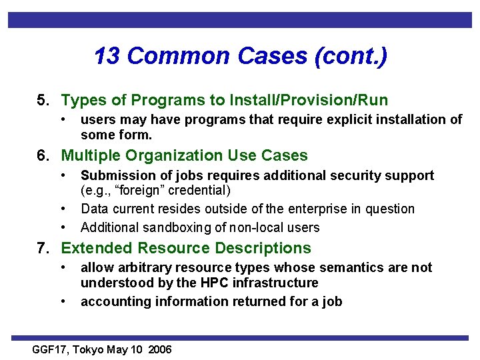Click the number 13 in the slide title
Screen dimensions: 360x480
coord(108,56)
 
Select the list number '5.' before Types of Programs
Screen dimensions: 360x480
coord(43,100)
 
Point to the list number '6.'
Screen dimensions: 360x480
coord(43,155)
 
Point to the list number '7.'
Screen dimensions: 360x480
coord(43,248)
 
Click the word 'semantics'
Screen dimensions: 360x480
coord(345,267)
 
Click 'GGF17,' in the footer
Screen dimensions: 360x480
coord(51,350)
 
